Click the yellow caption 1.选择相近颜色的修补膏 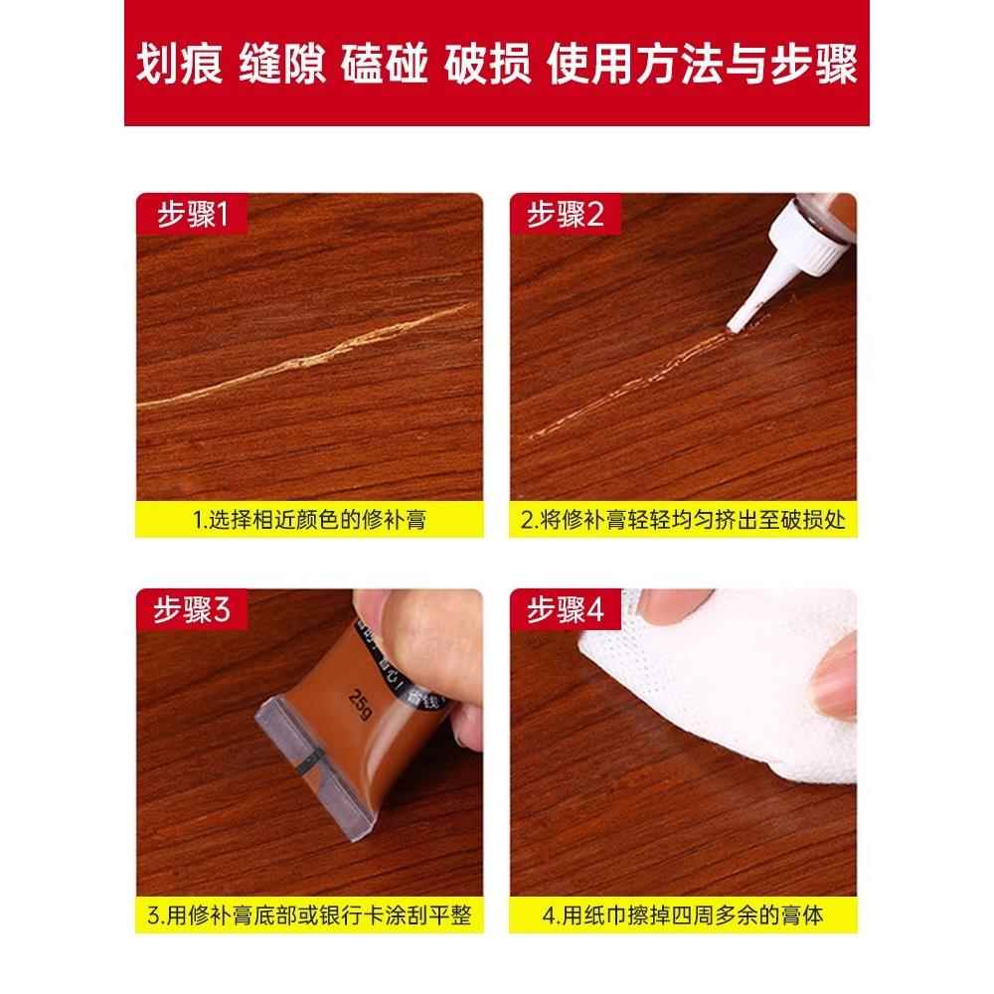click(309, 519)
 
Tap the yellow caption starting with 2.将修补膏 click(683, 519)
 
